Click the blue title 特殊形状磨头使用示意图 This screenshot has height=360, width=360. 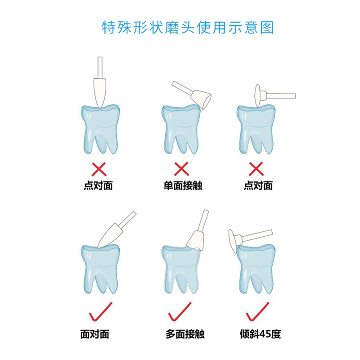[x=188, y=27]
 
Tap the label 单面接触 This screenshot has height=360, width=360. [x=183, y=185]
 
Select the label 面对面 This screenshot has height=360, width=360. [x=94, y=334]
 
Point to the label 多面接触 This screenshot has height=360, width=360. [x=185, y=334]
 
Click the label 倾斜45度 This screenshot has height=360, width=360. [x=261, y=334]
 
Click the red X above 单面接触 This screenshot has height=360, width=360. [x=181, y=169]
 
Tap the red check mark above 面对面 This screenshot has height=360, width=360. [x=100, y=311]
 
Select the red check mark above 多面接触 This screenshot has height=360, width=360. [x=180, y=311]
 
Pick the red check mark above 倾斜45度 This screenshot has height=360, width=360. [x=257, y=311]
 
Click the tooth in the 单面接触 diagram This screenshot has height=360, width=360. [x=181, y=129]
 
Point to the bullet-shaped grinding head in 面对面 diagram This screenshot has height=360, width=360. [x=108, y=235]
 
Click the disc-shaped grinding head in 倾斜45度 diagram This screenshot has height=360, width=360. [x=234, y=241]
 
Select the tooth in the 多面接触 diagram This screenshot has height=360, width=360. [x=181, y=270]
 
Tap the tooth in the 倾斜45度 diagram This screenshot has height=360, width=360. [x=256, y=269]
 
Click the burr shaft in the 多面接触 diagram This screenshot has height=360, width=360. [x=203, y=220]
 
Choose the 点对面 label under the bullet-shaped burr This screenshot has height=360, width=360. [x=98, y=185]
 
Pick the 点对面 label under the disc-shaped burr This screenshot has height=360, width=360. [x=258, y=185]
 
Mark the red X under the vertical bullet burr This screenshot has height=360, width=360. [x=99, y=169]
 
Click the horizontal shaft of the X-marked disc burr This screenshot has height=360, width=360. [x=281, y=96]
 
